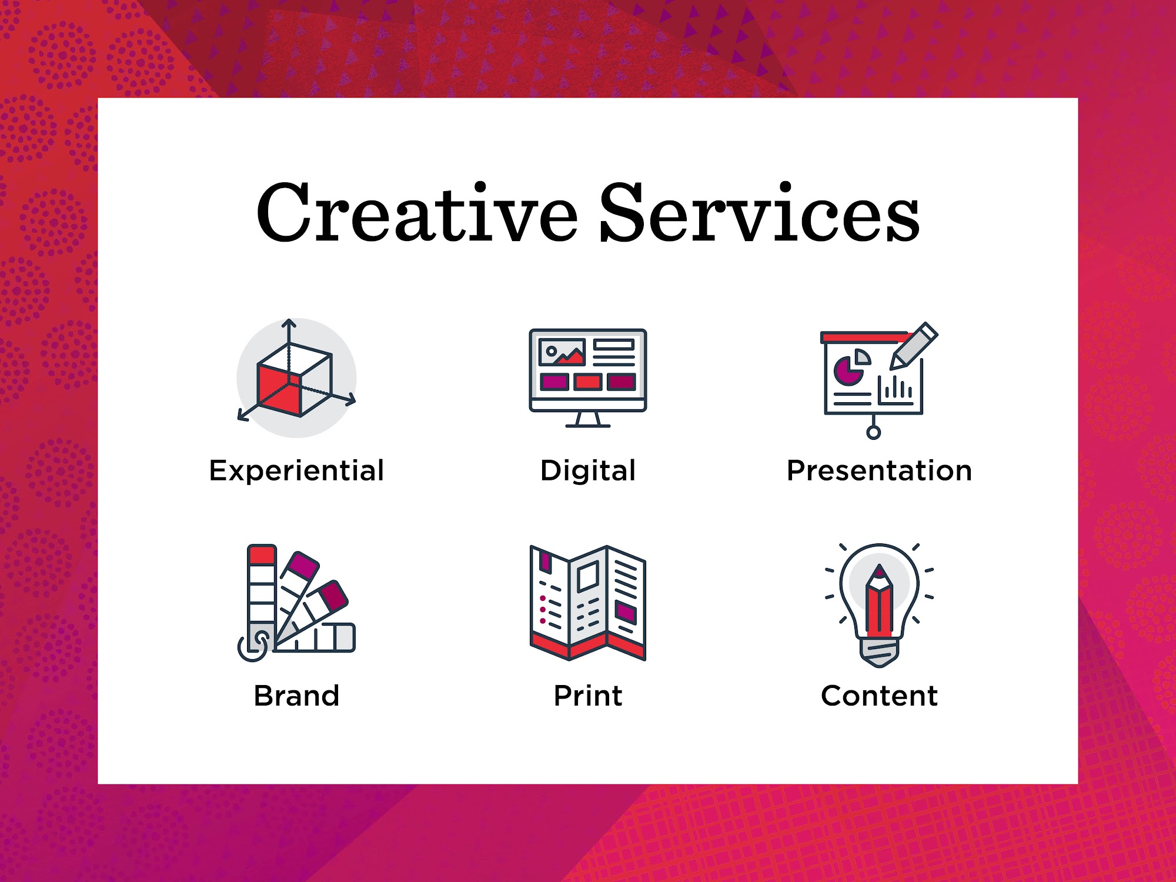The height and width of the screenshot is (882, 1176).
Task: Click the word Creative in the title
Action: (417, 212)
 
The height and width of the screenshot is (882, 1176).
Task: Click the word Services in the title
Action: (760, 212)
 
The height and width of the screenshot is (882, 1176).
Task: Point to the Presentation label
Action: (880, 471)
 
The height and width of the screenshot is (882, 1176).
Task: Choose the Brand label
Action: (296, 696)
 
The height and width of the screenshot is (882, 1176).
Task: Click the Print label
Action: (588, 696)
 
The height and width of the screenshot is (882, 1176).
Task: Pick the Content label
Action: (880, 696)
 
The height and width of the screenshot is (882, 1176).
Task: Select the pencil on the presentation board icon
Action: (913, 346)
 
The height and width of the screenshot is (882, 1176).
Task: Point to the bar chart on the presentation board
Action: (896, 390)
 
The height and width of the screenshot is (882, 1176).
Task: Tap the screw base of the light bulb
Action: (880, 653)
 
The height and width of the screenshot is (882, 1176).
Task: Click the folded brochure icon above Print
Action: (588, 603)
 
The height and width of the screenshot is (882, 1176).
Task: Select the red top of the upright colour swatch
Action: (262, 555)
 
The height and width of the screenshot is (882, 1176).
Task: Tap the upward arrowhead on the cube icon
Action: (288, 323)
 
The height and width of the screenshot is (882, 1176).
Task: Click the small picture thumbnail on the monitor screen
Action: (562, 352)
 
